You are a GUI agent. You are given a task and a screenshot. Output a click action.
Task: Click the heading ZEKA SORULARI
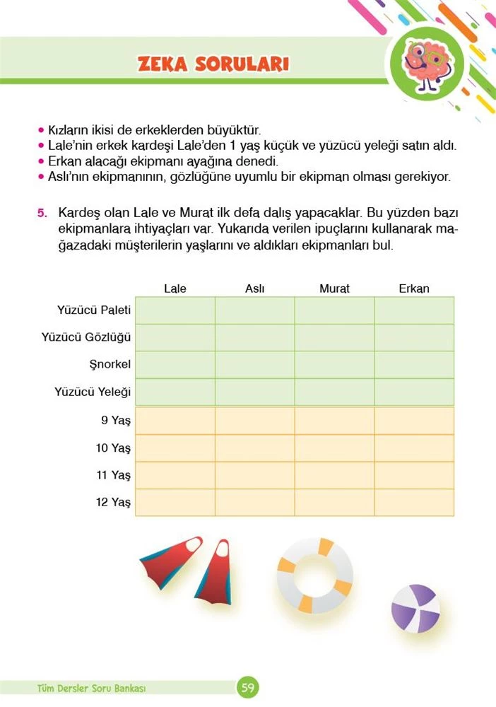pos(213,64)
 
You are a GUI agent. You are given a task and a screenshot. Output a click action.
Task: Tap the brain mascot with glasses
pos(425,63)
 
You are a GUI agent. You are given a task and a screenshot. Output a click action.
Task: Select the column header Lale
pos(175,288)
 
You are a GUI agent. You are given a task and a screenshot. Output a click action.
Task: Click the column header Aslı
pos(254,288)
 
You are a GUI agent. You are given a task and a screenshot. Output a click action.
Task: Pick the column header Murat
pos(334,288)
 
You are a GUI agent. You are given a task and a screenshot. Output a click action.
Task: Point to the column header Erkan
pos(414,288)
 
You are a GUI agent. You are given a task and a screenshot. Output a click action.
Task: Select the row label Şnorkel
pos(112,364)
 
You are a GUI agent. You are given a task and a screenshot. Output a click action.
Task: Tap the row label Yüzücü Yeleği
pos(93,392)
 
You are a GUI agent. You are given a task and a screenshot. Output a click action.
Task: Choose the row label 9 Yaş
pos(116,421)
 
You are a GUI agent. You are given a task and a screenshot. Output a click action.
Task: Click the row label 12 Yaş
pos(114,503)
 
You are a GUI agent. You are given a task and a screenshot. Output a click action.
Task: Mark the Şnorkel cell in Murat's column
pos(334,365)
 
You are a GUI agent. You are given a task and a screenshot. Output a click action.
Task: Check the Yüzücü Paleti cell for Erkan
pos(414,310)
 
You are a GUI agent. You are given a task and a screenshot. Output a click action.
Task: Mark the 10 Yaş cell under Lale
pos(175,448)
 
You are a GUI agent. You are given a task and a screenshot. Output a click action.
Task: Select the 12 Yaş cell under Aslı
pos(254,503)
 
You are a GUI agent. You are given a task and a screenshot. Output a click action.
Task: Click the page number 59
pos(248,686)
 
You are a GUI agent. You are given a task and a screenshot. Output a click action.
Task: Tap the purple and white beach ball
pos(415,607)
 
